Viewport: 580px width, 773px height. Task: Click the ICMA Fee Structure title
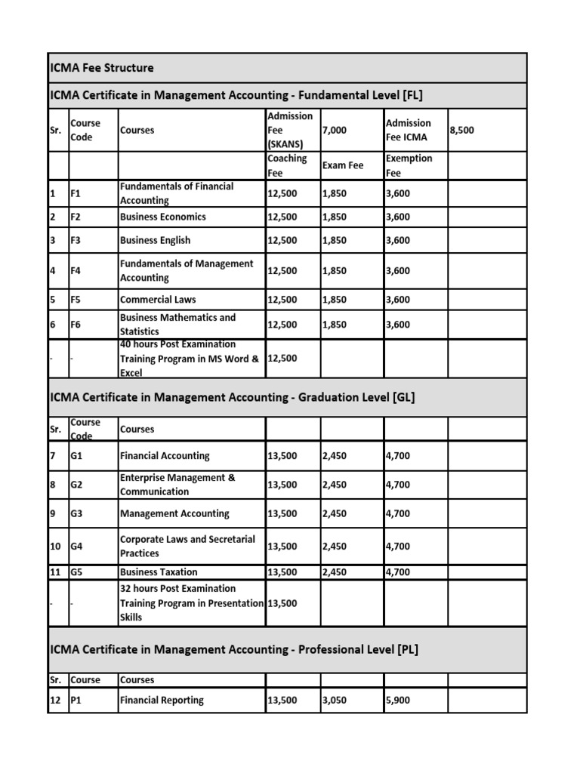(x=101, y=68)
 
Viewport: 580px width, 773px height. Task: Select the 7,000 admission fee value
(x=335, y=131)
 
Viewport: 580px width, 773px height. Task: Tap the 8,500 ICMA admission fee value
(x=462, y=131)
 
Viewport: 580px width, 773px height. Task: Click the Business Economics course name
(x=162, y=217)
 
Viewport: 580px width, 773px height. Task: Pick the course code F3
(x=77, y=241)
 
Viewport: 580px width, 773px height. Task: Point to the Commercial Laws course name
(x=158, y=300)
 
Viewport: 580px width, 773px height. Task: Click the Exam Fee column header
(x=343, y=165)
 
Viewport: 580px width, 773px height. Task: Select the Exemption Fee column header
(x=409, y=165)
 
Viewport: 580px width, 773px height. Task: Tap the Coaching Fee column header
(x=287, y=165)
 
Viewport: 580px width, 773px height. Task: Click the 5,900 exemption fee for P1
(x=396, y=700)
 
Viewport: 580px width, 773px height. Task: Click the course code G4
(x=77, y=547)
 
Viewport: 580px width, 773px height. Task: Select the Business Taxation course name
(x=159, y=572)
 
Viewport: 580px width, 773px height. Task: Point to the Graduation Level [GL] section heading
(x=232, y=399)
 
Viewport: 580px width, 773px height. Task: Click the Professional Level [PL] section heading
(x=233, y=649)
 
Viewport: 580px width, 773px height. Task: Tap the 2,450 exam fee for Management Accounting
(x=335, y=514)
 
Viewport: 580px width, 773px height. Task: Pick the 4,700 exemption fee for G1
(x=397, y=456)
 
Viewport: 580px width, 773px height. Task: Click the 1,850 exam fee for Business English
(x=335, y=241)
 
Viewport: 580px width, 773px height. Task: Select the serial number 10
(x=55, y=547)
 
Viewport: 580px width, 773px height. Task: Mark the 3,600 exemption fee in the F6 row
(x=397, y=325)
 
